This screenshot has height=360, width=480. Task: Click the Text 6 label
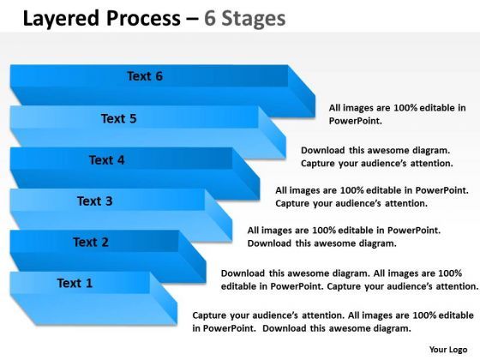[x=145, y=76]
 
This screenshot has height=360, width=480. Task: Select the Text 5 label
[x=118, y=118]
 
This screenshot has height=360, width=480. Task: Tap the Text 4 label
[x=106, y=159]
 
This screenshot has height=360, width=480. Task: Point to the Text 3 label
[x=94, y=201]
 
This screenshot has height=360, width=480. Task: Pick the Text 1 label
[x=75, y=283]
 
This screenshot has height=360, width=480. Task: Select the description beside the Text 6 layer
[x=397, y=114]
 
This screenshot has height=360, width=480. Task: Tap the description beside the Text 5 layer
[x=376, y=155]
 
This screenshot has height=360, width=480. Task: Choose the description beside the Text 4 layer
[x=371, y=196]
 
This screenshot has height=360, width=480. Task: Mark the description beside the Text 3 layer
[x=344, y=237]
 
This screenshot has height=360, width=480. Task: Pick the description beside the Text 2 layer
[x=349, y=279]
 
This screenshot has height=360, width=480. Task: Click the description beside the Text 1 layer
[x=333, y=321]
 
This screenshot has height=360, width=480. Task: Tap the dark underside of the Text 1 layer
[x=94, y=312]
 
